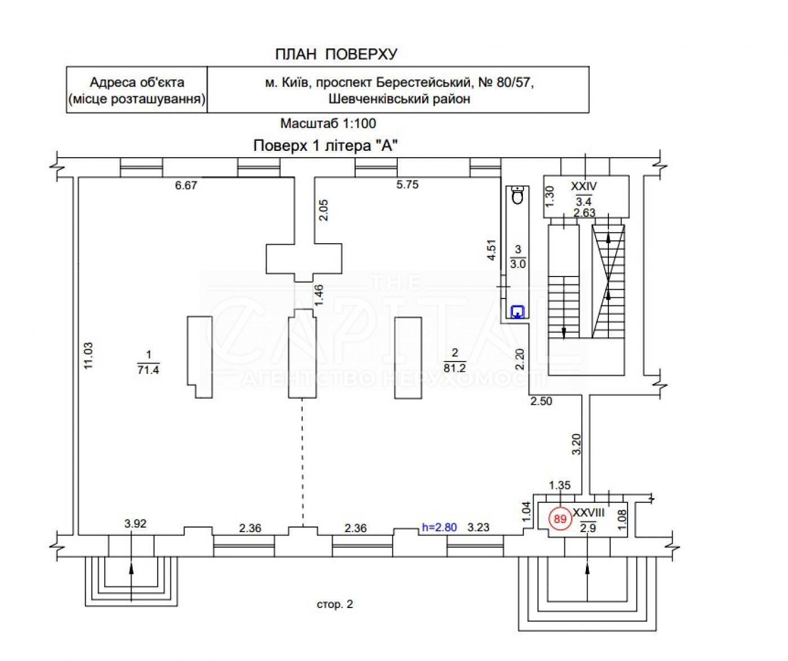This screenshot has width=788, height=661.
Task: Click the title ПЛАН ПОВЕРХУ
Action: pyautogui.click(x=336, y=54)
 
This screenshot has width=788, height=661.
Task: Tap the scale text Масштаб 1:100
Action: pyautogui.click(x=328, y=123)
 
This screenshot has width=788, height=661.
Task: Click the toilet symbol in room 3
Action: pyautogui.click(x=518, y=195)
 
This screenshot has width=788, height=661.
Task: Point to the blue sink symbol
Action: pyautogui.click(x=517, y=311)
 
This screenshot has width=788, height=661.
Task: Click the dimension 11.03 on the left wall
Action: pyautogui.click(x=87, y=356)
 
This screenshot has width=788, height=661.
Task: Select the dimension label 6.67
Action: pyautogui.click(x=186, y=185)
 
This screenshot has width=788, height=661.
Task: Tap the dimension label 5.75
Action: pyautogui.click(x=407, y=185)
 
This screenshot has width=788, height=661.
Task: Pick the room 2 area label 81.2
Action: pyautogui.click(x=455, y=368)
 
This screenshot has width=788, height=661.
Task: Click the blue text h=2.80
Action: pyautogui.click(x=439, y=528)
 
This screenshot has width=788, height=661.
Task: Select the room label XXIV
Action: pyautogui.click(x=584, y=186)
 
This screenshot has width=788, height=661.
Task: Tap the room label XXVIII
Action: pyautogui.click(x=588, y=513)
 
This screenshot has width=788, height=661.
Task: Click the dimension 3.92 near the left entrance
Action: pyautogui.click(x=135, y=524)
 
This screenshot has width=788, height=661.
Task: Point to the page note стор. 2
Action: pyautogui.click(x=335, y=605)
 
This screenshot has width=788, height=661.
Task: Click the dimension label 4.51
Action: pyautogui.click(x=491, y=251)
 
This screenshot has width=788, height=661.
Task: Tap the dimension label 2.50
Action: pyautogui.click(x=540, y=401)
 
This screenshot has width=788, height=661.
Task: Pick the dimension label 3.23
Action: pyautogui.click(x=478, y=528)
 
